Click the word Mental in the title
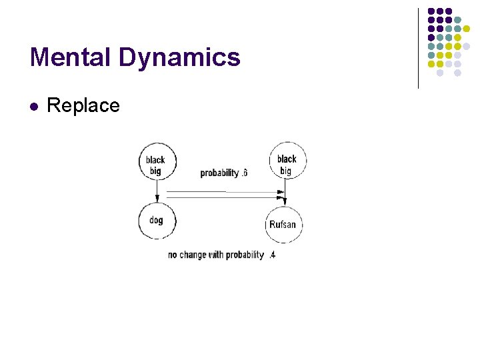coord(71,57)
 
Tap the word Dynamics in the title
coord(180,59)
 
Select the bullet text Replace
coord(83,105)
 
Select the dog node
coord(156,221)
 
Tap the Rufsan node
coord(283,225)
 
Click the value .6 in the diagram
coord(244,173)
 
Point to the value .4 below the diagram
coord(271,255)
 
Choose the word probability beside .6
coord(219,173)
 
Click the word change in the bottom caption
coord(193,255)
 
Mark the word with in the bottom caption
coord(216,255)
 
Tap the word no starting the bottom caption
coord(173,255)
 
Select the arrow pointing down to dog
coord(157,193)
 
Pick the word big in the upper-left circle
coord(155,171)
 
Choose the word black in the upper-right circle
coord(287,159)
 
